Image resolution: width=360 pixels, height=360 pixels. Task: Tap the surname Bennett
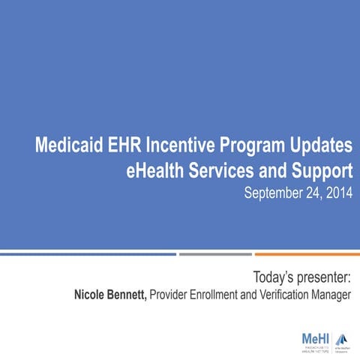coord(127,295)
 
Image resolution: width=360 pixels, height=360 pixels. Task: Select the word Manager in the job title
coord(330,295)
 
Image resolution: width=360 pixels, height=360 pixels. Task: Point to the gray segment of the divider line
coord(215,253)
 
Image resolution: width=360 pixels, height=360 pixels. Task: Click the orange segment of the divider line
coord(307,253)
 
